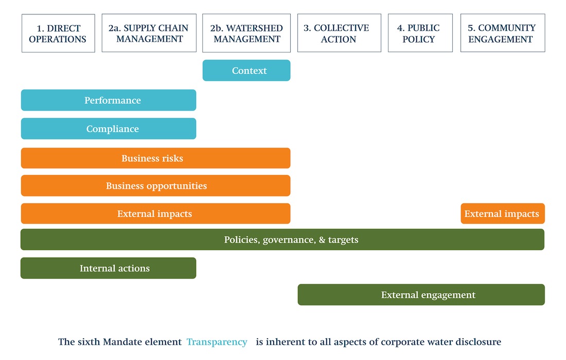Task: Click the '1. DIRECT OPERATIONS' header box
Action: click(58, 33)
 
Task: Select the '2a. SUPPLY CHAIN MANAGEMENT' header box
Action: click(149, 33)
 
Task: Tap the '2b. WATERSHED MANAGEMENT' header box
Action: click(246, 33)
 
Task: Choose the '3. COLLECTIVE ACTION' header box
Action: click(339, 33)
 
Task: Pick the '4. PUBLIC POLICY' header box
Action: click(420, 33)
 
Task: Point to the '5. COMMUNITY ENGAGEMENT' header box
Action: click(503, 33)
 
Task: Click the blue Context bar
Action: click(246, 70)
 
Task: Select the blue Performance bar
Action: click(109, 100)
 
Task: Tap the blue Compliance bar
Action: click(109, 129)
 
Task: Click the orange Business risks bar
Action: click(155, 158)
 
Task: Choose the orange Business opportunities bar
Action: click(155, 186)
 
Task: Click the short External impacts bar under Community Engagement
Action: click(503, 213)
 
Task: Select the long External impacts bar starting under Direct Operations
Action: click(155, 213)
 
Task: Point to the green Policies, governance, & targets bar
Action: click(282, 240)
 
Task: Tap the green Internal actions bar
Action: click(108, 268)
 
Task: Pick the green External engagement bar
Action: click(421, 295)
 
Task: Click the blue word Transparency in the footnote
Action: click(217, 342)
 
